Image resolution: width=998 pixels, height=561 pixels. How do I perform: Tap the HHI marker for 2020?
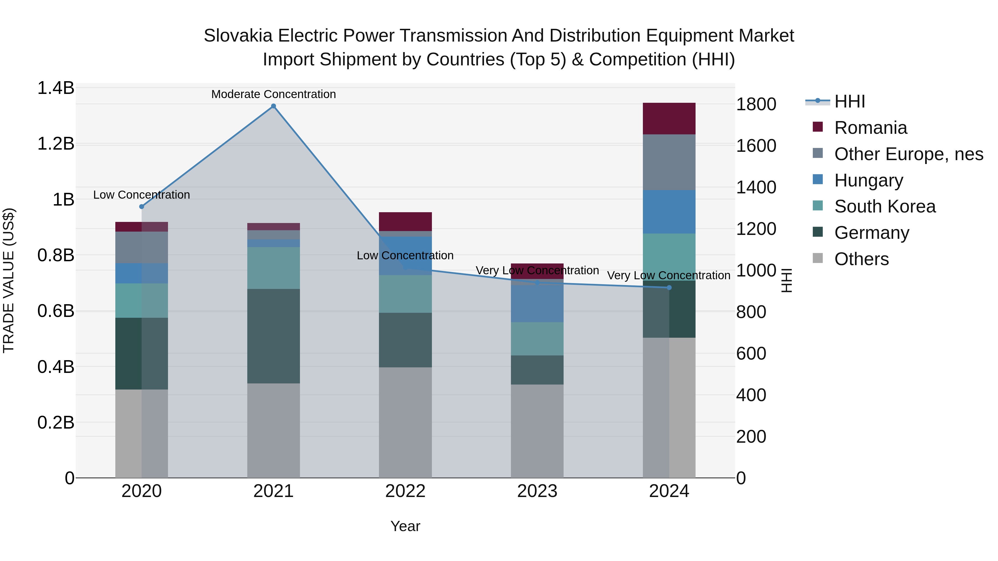[x=141, y=207]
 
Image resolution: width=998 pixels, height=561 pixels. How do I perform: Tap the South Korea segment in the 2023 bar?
[x=537, y=339]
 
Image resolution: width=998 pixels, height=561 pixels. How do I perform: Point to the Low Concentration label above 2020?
[x=141, y=195]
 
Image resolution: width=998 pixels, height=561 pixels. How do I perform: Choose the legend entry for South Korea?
[x=885, y=206]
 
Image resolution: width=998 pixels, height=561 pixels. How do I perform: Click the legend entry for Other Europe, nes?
[x=908, y=154]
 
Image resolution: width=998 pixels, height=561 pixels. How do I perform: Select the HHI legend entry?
[x=849, y=101]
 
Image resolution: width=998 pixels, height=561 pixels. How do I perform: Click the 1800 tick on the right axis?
[x=756, y=104]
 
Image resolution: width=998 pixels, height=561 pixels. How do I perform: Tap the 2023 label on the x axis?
[x=537, y=491]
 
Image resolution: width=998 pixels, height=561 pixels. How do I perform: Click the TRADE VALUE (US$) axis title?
[x=9, y=280]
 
